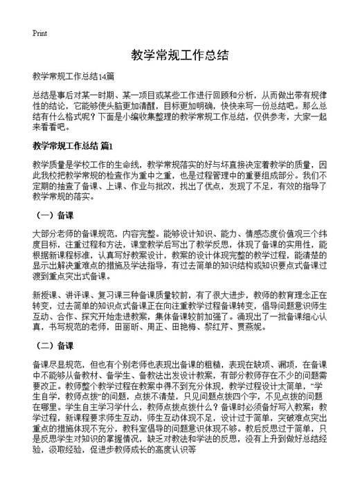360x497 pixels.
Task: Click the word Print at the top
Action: click(x=39, y=33)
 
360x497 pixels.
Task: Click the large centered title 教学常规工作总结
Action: click(x=179, y=54)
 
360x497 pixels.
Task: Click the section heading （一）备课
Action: click(x=55, y=215)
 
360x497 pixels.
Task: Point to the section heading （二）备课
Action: click(x=55, y=344)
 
